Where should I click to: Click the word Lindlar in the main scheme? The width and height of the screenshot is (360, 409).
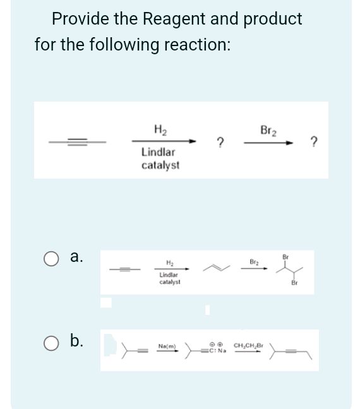159,153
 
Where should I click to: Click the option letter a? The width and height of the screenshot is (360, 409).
75,258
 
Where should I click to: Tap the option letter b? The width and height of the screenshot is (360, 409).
75,341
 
